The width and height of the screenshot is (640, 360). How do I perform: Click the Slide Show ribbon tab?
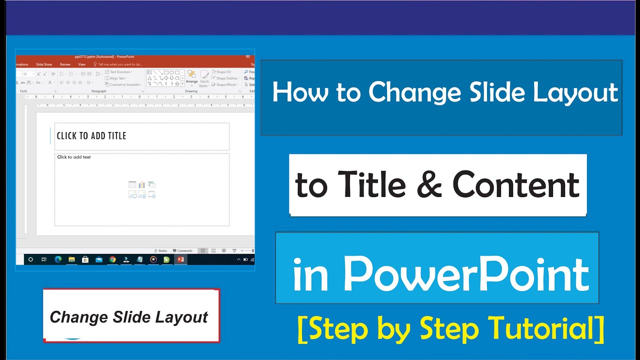(44, 64)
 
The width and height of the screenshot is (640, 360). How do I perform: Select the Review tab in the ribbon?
(65, 64)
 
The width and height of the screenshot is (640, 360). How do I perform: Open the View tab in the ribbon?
(82, 64)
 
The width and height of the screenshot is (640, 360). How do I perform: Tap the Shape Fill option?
(223, 72)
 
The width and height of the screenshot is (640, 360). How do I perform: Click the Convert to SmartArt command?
(124, 84)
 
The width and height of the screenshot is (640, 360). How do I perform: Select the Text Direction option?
(120, 72)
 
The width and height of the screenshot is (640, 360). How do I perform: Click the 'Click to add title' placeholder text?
(91, 136)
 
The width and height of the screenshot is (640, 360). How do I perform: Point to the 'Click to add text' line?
(74, 157)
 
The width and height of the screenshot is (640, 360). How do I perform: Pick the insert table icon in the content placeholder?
(132, 185)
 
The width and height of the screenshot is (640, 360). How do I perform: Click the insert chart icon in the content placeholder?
(142, 185)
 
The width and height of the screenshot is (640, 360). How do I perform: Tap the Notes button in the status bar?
(161, 251)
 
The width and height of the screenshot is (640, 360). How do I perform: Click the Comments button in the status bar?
(182, 251)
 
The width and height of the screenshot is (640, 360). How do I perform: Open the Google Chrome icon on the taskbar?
(112, 259)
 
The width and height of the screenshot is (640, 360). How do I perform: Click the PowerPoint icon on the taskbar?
(180, 259)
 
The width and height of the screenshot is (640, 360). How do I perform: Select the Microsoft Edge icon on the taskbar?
(58, 259)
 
